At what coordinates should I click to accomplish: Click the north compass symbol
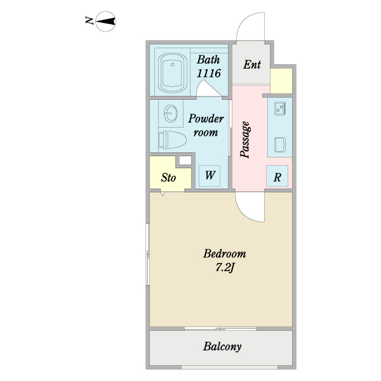105,22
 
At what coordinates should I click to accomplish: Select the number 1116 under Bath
209,74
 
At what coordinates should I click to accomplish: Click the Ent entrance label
252,65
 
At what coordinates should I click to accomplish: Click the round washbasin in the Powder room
171,114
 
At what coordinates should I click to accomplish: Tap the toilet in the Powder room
172,140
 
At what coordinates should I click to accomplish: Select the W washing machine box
210,176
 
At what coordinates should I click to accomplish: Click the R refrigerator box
277,176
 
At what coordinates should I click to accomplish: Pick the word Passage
245,140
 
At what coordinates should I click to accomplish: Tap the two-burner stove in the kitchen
280,109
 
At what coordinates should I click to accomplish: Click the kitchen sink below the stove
280,145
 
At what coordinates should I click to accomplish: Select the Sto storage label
168,178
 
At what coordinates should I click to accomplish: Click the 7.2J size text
225,268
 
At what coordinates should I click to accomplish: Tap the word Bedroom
225,253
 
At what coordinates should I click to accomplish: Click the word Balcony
222,347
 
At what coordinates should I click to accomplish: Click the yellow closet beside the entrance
281,81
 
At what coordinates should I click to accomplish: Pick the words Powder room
206,125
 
